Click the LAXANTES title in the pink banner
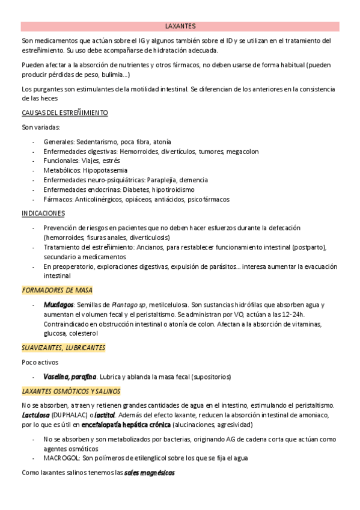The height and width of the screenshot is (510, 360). point(180,26)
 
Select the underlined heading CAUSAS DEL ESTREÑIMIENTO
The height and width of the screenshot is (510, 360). point(64,112)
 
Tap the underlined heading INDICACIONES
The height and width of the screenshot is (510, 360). point(43,214)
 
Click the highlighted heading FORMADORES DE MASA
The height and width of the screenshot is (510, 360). point(57,290)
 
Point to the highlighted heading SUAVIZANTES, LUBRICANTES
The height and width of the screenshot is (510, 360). point(63,348)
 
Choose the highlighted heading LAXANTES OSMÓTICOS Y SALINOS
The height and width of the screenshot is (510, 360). point(71,391)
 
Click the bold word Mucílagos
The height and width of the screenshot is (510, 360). point(58,305)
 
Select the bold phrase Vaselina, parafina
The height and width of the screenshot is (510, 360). point(70,376)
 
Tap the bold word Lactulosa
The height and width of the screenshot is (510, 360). point(35,415)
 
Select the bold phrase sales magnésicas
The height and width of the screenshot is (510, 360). point(149,473)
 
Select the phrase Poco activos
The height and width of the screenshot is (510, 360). point(39,362)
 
